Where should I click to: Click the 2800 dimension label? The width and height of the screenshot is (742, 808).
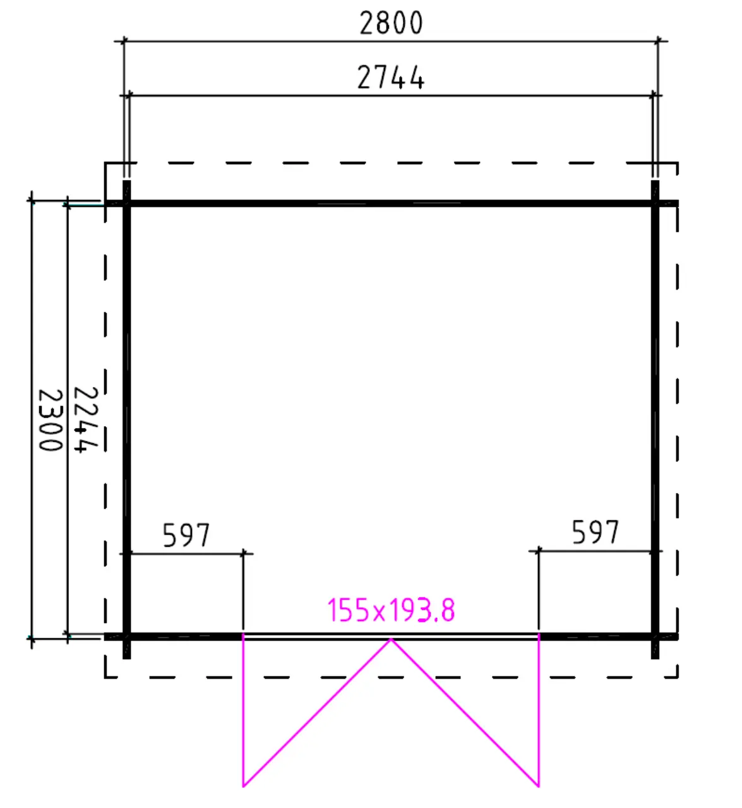pyautogui.click(x=390, y=23)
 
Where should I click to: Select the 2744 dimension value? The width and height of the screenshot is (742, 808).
pyautogui.click(x=390, y=78)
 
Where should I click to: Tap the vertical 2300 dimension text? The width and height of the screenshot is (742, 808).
pyautogui.click(x=51, y=420)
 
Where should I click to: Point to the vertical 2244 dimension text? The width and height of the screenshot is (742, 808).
pyautogui.click(x=86, y=420)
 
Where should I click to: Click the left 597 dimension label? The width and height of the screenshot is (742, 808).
pyautogui.click(x=186, y=535)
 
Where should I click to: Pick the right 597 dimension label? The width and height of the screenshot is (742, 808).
pyautogui.click(x=595, y=532)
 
